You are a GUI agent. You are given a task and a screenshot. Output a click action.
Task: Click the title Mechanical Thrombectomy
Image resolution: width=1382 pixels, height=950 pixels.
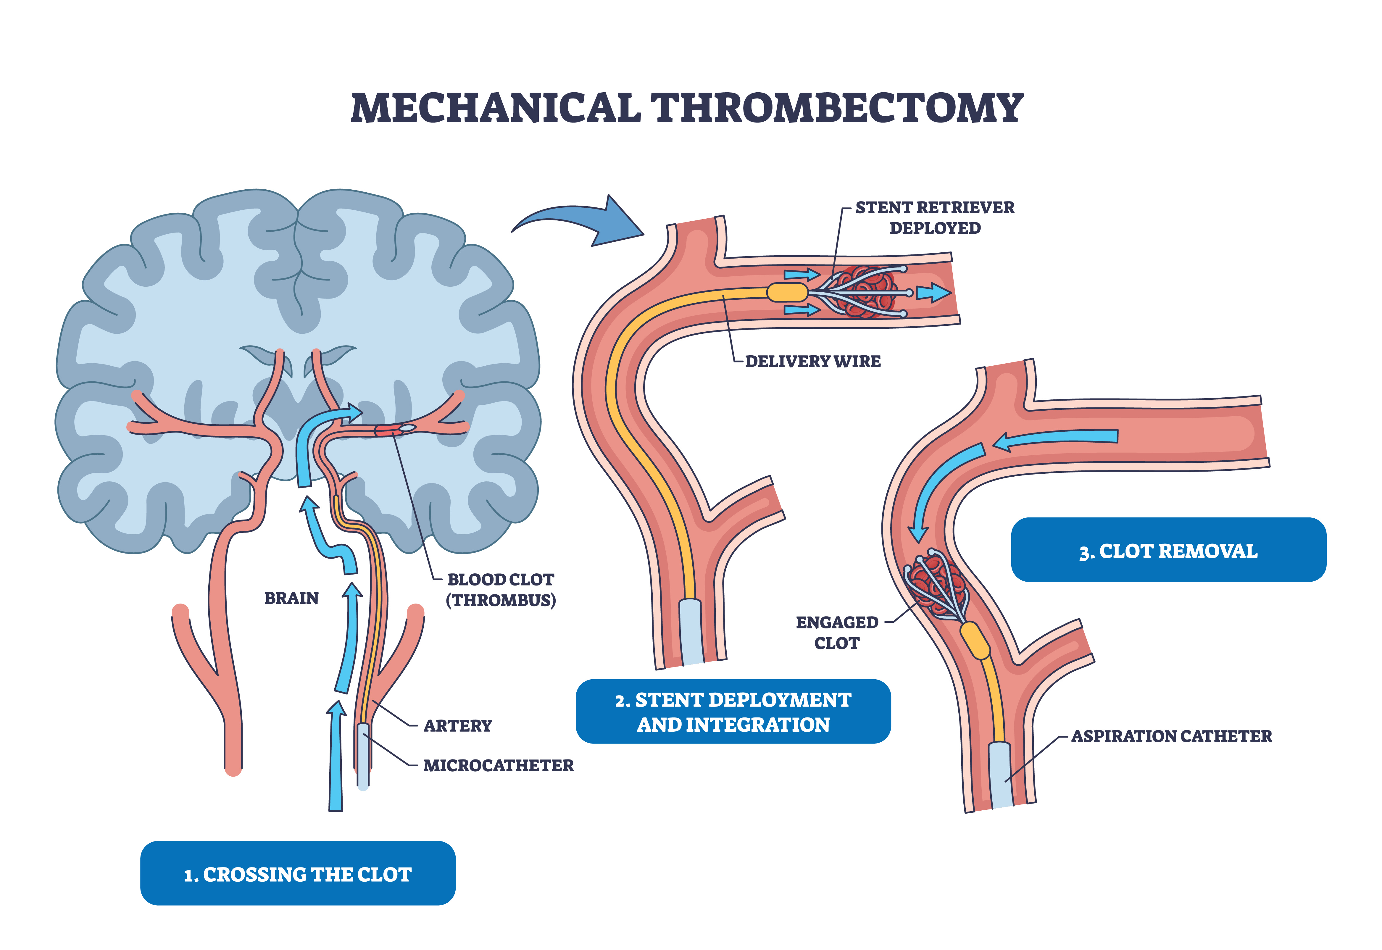point(686,108)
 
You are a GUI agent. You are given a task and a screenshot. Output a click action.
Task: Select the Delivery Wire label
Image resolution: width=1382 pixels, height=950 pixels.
point(812,361)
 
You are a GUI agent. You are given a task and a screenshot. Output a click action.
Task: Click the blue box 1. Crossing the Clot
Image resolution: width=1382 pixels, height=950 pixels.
point(298,874)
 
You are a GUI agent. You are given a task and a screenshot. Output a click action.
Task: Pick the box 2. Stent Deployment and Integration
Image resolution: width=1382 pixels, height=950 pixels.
point(733,712)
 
